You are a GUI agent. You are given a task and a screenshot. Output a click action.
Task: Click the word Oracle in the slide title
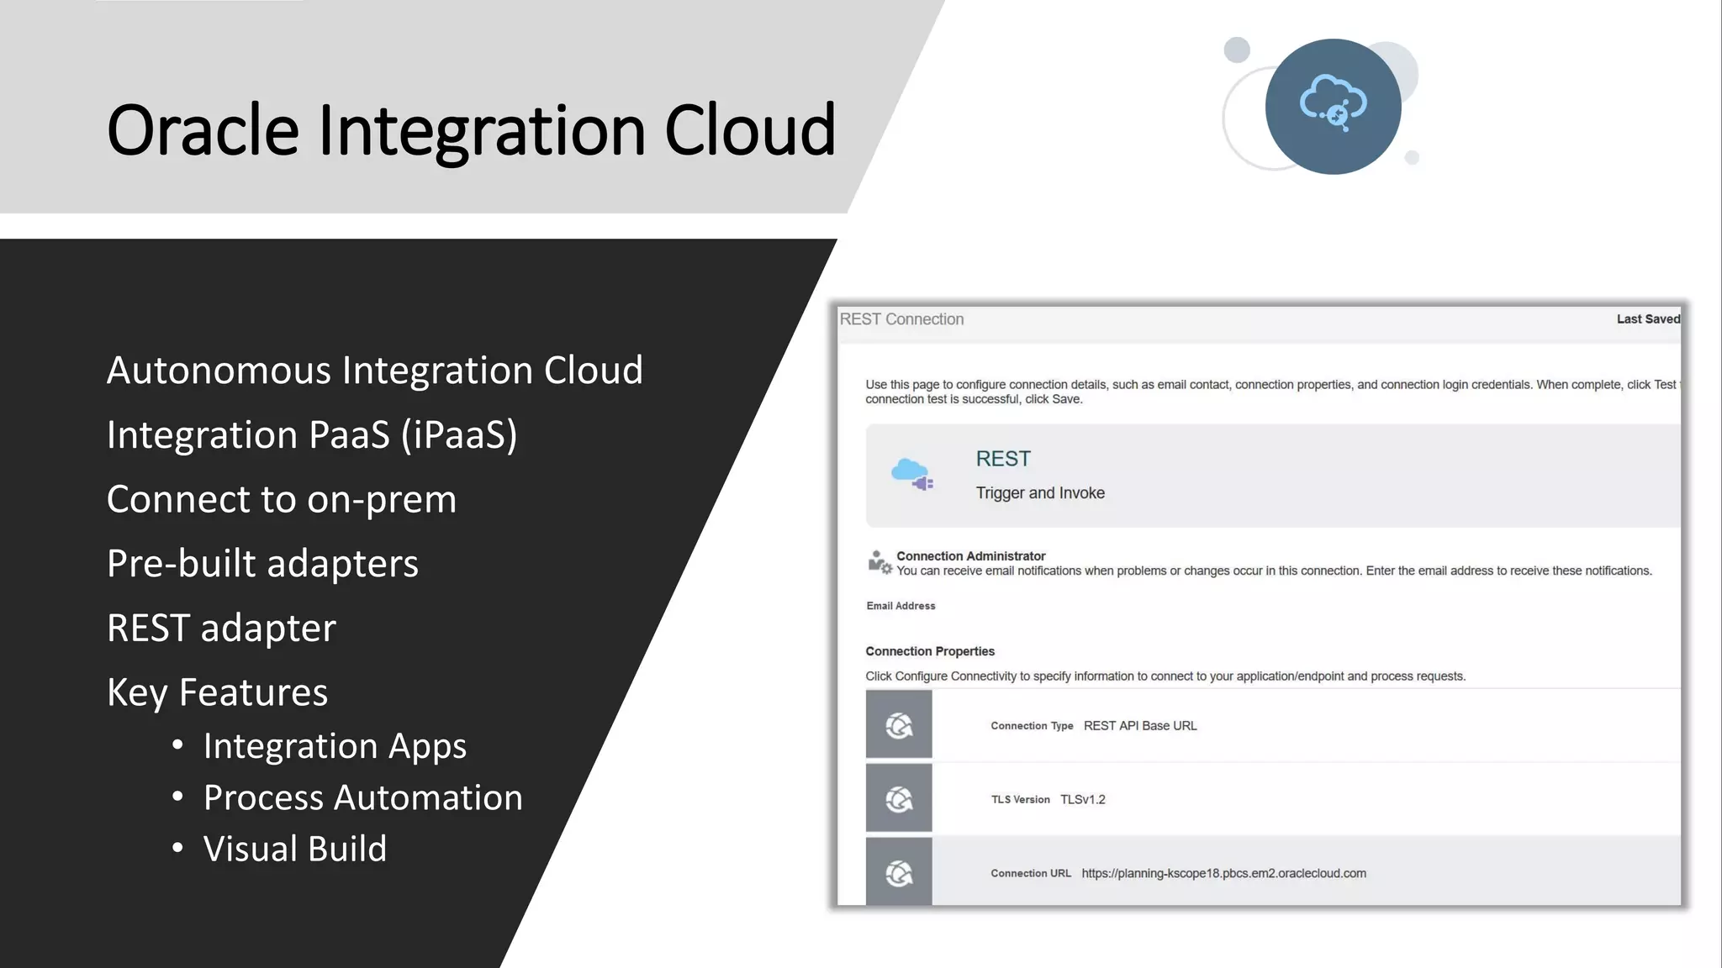pyautogui.click(x=203, y=130)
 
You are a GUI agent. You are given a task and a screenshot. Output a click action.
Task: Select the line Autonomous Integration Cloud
pyautogui.click(x=374, y=371)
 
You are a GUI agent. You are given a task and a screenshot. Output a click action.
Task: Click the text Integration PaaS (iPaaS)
pyautogui.click(x=312, y=435)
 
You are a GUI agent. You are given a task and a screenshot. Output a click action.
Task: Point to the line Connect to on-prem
pyautogui.click(x=282, y=500)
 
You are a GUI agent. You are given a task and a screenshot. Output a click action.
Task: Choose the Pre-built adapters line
pyautogui.click(x=262, y=564)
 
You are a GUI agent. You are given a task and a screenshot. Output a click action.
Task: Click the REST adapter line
pyautogui.click(x=221, y=629)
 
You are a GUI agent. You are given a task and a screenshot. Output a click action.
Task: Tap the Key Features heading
pyautogui.click(x=217, y=693)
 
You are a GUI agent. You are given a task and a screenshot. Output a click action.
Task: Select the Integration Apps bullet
pyautogui.click(x=334, y=746)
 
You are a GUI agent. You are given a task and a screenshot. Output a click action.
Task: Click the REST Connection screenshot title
pyautogui.click(x=901, y=319)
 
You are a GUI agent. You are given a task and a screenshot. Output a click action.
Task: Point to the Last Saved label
pyautogui.click(x=1647, y=319)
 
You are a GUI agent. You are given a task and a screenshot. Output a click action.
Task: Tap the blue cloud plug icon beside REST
pyautogui.click(x=912, y=475)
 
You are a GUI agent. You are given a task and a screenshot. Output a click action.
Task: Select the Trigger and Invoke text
pyautogui.click(x=1040, y=493)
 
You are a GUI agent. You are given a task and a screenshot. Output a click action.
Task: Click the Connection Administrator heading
pyautogui.click(x=970, y=556)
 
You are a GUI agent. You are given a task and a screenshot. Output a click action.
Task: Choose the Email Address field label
pyautogui.click(x=901, y=606)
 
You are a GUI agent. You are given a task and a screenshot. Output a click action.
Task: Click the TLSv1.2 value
pyautogui.click(x=1082, y=800)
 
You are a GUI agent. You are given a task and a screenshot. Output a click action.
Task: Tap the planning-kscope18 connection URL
pyautogui.click(x=1223, y=874)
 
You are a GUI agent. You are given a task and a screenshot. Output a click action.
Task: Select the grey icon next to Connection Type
pyautogui.click(x=899, y=725)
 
